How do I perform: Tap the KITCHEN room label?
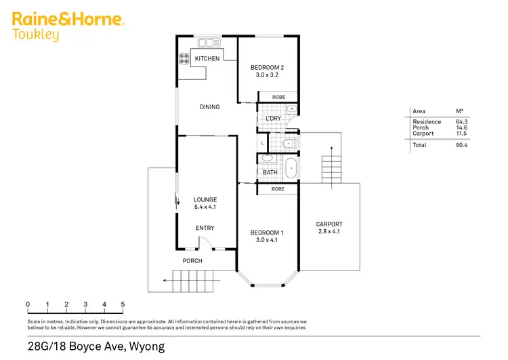point(207,59)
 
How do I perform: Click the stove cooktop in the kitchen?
point(184,59)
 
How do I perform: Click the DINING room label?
point(209,106)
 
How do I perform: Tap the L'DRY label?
point(273,119)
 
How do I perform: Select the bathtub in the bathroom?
point(291,168)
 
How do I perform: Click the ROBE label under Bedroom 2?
point(278,98)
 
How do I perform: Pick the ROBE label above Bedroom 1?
point(278,189)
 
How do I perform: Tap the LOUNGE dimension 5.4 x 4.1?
point(205,207)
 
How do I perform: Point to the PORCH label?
point(192,260)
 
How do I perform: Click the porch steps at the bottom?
point(194,279)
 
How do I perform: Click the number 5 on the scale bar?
point(123,304)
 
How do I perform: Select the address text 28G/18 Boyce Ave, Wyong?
point(96,346)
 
